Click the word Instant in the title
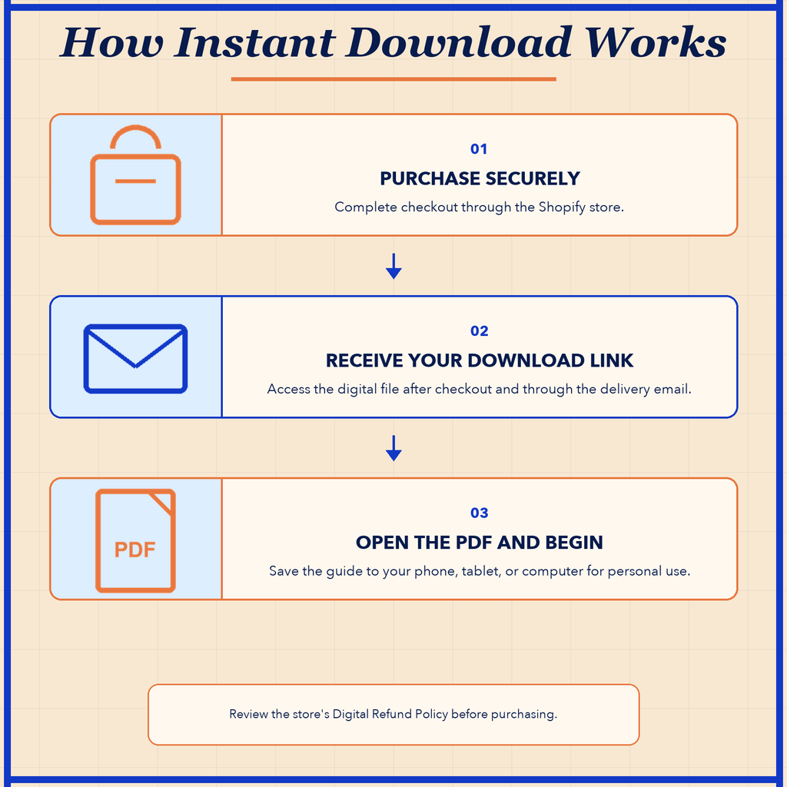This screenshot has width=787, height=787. pos(255,42)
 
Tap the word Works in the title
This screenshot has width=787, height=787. pos(656,42)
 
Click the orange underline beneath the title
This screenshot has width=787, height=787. pos(393,79)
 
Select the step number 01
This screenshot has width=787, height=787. pos(479,149)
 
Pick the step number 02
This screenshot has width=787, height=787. pos(480,330)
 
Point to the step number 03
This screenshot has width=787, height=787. pos(480,513)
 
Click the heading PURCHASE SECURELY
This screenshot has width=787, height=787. pos(480,178)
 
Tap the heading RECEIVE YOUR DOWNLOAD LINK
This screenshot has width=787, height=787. pos(480,360)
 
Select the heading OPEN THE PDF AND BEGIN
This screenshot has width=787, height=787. pos(480,543)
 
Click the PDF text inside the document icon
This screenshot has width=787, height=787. pos(134,550)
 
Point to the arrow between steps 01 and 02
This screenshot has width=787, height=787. pos(393,266)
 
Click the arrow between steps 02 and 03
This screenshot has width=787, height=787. pos(393,448)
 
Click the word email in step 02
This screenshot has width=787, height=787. pos(672,389)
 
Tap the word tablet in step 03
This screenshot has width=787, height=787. pos(481,571)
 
